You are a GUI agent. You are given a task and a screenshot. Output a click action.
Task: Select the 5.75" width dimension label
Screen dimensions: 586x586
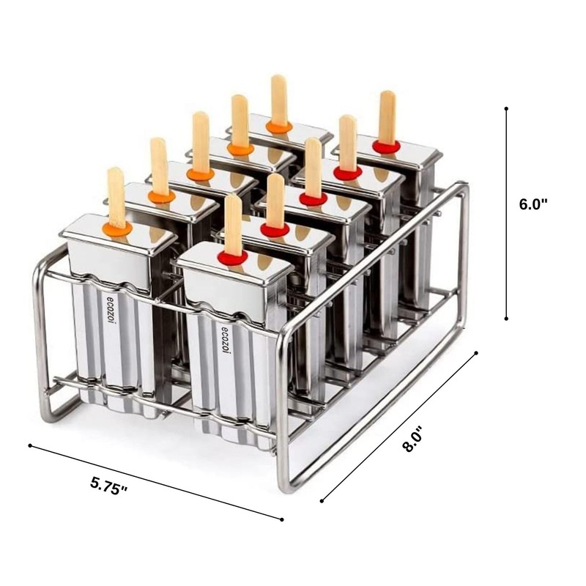click(109, 485)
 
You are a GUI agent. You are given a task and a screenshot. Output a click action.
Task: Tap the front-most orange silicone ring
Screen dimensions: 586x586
click(117, 229)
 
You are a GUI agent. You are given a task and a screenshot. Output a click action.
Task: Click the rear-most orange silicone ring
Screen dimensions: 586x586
click(279, 127)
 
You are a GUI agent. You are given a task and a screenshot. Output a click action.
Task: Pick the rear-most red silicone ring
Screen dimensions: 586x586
click(386, 146)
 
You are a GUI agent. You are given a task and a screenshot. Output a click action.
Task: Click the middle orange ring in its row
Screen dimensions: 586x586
click(199, 174)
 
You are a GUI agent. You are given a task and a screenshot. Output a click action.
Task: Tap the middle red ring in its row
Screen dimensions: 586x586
click(313, 199)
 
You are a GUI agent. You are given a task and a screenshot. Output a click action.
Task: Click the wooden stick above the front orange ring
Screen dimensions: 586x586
click(116, 196)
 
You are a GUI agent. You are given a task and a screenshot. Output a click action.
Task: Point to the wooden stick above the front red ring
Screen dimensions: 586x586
click(232, 223)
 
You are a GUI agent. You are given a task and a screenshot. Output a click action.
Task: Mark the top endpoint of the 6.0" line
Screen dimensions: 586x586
click(507, 108)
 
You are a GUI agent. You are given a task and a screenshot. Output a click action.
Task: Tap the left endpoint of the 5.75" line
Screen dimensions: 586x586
click(29, 445)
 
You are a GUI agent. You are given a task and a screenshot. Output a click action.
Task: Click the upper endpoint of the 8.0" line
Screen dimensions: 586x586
click(477, 352)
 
